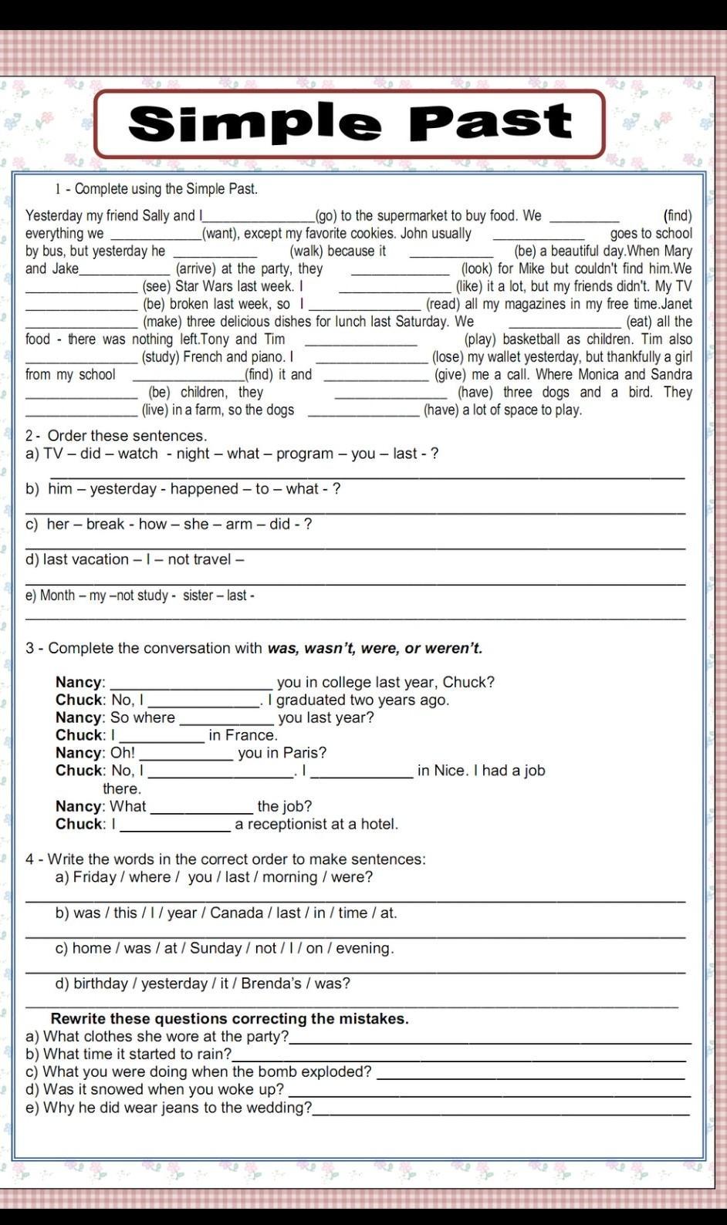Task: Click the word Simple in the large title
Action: click(x=255, y=123)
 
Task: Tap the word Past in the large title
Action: click(x=491, y=122)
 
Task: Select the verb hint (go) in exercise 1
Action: click(x=326, y=216)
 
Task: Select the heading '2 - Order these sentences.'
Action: click(x=116, y=436)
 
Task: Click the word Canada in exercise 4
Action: click(x=236, y=913)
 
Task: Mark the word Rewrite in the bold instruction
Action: click(x=79, y=1019)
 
